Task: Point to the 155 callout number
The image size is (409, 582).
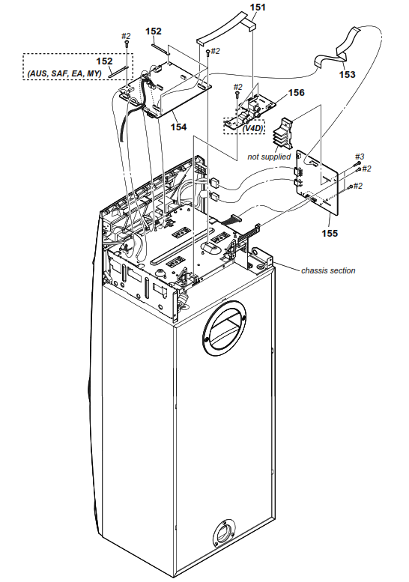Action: click(x=330, y=233)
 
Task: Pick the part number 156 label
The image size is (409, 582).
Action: click(x=297, y=93)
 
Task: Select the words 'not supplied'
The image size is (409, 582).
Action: click(x=269, y=157)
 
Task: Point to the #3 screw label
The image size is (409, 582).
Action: click(x=359, y=157)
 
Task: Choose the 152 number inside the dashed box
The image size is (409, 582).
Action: click(x=104, y=61)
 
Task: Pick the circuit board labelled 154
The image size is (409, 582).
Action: click(x=172, y=90)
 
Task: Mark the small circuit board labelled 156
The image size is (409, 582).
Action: click(x=258, y=109)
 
